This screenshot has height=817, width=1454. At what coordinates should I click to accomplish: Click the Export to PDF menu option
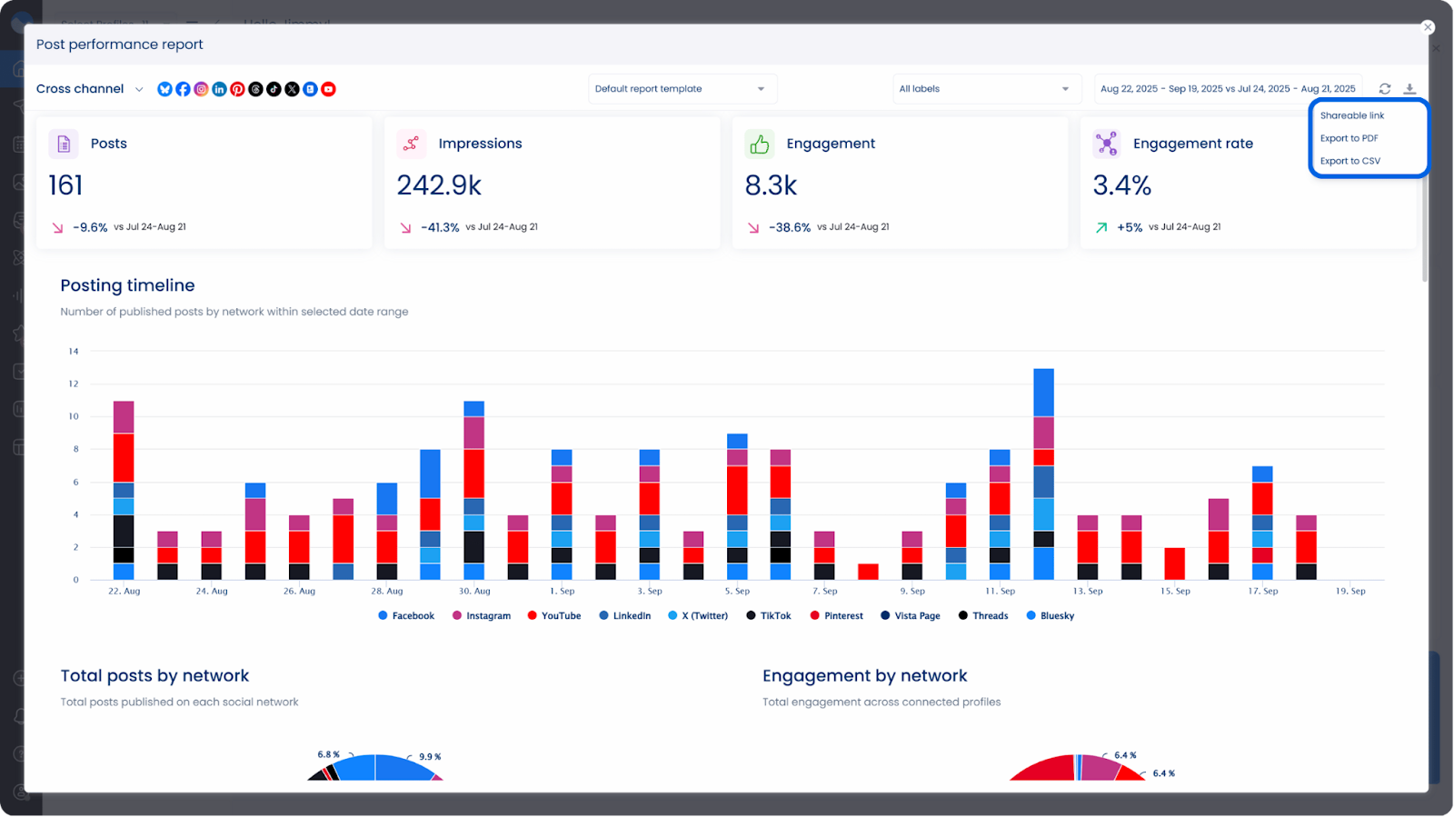tap(1349, 138)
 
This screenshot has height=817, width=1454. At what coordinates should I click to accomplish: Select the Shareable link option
tap(1351, 115)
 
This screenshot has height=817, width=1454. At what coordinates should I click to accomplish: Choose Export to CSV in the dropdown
tap(1349, 161)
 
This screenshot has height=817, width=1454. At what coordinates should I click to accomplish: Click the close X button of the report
tap(1428, 27)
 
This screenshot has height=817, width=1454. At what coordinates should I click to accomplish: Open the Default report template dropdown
tap(682, 89)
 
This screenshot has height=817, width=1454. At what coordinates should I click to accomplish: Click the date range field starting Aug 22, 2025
tap(1227, 89)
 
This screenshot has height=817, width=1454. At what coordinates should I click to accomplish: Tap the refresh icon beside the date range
tap(1384, 89)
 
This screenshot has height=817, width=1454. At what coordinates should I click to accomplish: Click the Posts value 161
tap(65, 185)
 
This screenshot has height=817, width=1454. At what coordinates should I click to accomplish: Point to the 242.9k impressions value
tap(439, 185)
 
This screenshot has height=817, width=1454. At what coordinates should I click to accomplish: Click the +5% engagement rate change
tap(1129, 227)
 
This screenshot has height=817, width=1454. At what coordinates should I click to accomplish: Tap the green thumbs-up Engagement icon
tap(760, 144)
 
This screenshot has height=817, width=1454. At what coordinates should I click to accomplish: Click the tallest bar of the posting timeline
tap(1043, 473)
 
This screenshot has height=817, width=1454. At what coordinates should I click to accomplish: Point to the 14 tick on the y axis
tap(74, 351)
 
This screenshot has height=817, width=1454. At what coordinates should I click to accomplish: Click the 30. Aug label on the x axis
tap(474, 592)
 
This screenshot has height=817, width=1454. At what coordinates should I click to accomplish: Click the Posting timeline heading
tap(127, 285)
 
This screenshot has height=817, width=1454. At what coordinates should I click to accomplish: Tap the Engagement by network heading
tap(864, 676)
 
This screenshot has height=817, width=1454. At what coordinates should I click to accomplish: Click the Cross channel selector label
tap(80, 89)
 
